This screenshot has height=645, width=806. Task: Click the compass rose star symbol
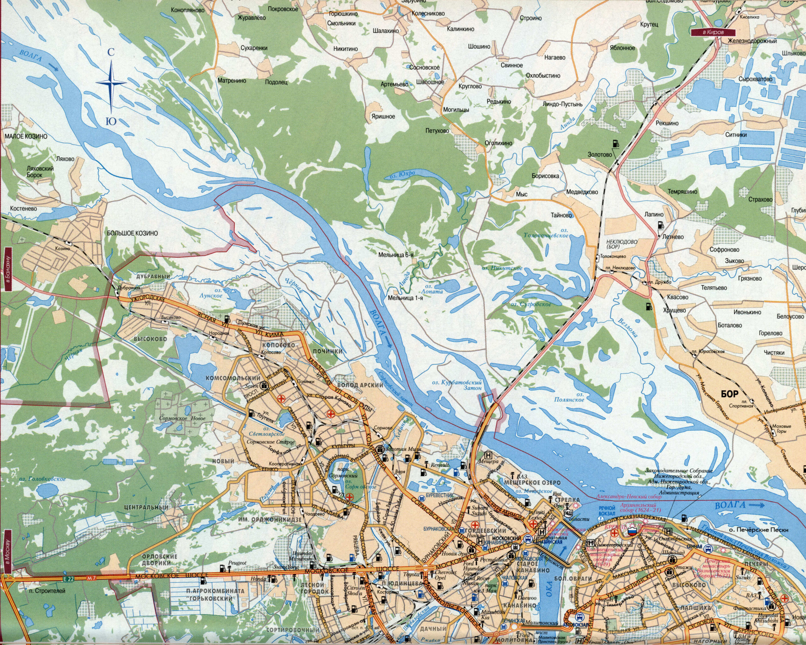point(111,83)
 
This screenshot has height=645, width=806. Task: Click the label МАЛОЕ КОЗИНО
point(26,136)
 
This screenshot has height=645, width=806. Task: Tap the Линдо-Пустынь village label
point(562,104)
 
